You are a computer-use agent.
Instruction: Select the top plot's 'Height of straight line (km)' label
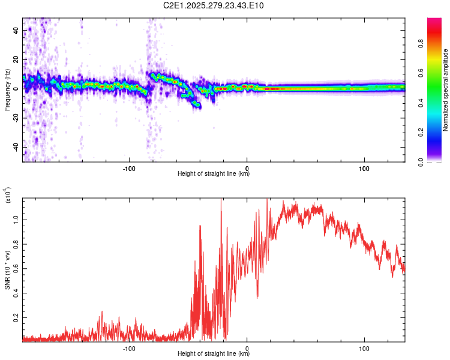pos(214,174)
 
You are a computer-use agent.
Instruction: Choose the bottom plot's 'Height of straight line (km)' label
pos(214,353)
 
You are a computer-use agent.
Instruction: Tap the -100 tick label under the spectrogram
pos(129,169)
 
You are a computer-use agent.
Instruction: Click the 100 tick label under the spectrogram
pos(364,169)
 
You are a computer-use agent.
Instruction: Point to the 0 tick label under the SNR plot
pos(247,348)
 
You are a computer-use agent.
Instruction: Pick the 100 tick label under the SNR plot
pos(364,348)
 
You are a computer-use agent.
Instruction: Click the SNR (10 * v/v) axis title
pos(7,269)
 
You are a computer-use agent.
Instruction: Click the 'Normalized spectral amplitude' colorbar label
pos(446,90)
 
